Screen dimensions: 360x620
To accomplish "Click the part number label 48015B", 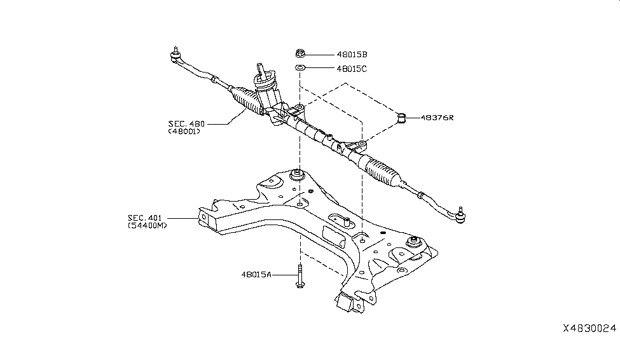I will (352, 55).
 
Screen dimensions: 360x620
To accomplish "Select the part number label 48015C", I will (352, 68).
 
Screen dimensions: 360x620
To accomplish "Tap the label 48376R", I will (437, 118).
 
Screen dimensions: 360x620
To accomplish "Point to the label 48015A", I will (256, 275).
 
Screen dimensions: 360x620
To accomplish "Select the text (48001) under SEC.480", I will (184, 132).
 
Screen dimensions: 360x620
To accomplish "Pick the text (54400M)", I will (148, 226).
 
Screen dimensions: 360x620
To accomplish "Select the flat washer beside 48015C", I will (300, 67).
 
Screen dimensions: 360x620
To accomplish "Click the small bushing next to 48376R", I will (402, 118).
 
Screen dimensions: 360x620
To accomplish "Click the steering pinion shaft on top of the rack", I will (262, 73).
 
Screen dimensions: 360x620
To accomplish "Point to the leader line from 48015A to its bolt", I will (283, 275).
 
